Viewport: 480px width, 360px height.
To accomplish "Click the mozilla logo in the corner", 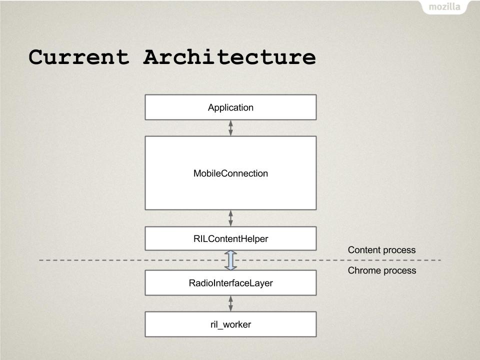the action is [444, 6].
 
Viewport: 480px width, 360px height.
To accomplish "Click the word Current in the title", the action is [79, 57].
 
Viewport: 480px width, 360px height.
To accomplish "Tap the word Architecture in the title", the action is [229, 57].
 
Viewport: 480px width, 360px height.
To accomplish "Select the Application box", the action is [230, 107].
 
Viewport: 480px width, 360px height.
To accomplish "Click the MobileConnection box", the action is [230, 173].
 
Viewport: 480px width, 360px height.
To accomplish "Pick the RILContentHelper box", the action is [230, 238].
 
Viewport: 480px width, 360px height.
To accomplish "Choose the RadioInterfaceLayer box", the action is [230, 282].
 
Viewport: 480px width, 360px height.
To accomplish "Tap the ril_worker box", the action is [230, 324].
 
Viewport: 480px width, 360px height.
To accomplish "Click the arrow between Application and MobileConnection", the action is [230, 128].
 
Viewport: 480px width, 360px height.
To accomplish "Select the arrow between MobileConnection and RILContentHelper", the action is [230, 218].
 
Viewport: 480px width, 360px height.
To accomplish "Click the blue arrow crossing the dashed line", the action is [230, 260].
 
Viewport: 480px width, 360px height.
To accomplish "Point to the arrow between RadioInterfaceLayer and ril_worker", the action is [230, 303].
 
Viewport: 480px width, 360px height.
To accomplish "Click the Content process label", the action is [381, 250].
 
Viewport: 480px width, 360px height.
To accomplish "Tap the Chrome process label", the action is [382, 270].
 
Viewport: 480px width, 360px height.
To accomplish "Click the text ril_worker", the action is [230, 324].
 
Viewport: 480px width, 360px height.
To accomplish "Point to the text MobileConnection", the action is [230, 173].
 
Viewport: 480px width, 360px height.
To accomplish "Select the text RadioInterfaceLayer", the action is [230, 283].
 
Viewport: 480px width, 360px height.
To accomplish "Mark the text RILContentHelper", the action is [230, 239].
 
